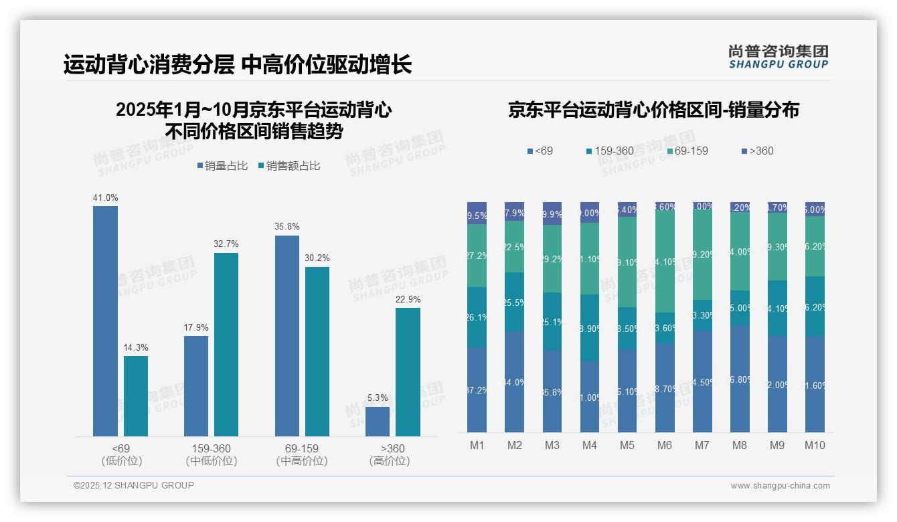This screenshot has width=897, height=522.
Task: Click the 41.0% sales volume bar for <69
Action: coord(105,321)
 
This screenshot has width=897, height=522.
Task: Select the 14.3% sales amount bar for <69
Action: coord(136,396)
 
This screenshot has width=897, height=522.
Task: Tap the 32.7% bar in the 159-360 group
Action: coord(226,345)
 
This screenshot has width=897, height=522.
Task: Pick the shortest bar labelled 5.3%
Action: coord(378,422)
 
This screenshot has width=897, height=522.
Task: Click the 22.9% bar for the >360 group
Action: coord(408,372)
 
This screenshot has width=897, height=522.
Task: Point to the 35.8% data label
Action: coord(287,227)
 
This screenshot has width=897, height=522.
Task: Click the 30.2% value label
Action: coord(317,258)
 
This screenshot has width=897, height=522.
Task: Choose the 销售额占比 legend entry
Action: coord(289,166)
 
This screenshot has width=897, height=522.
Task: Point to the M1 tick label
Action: coord(477,446)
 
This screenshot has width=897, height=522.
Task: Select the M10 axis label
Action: coord(815,446)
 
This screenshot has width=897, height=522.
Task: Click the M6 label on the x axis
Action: coord(665,446)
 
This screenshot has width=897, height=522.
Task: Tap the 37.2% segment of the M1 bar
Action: coord(477,389)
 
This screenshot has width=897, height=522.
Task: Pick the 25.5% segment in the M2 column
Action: coord(514,302)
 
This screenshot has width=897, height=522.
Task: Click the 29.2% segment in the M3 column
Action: coord(552,259)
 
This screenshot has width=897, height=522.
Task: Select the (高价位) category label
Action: coord(389,461)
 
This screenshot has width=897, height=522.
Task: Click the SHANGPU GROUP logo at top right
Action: coord(778,57)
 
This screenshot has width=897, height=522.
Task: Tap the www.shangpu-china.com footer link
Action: coord(780,486)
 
